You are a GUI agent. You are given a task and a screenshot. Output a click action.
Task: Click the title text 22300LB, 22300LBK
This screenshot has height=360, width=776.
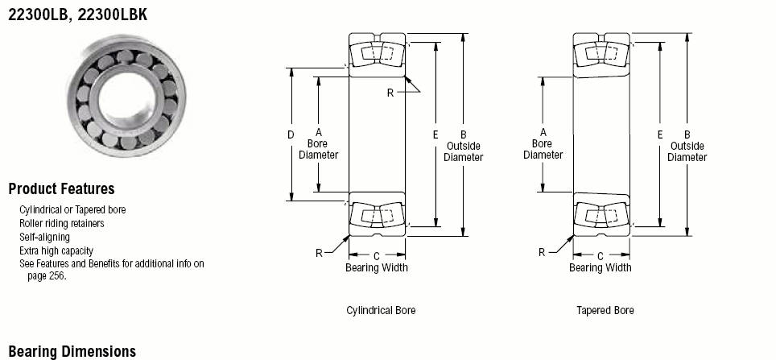78,14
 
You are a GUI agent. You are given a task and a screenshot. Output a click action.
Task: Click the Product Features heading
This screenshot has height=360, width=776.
61,188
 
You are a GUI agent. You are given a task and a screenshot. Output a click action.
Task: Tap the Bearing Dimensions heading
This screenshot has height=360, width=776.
72,352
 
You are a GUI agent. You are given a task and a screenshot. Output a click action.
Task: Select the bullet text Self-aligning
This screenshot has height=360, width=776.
44,237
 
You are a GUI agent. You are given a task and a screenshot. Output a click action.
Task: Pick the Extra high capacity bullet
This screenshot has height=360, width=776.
56,250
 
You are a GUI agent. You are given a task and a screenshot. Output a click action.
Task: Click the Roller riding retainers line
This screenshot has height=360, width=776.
62,223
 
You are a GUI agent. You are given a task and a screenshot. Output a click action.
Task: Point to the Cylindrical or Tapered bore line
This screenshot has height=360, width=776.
72,209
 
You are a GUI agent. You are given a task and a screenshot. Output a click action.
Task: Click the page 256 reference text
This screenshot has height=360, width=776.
47,275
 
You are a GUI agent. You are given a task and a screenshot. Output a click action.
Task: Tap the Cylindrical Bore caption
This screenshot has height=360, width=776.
381,311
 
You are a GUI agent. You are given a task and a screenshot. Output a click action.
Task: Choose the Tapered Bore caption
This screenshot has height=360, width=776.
605,311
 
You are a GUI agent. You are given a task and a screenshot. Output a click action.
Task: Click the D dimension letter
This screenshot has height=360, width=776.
291,134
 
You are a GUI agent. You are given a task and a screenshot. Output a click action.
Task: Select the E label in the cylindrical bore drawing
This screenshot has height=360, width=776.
435,134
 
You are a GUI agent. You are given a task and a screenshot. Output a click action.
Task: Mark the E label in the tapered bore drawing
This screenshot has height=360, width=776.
660,134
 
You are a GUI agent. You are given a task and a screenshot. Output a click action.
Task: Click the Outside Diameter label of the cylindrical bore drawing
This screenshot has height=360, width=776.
463,151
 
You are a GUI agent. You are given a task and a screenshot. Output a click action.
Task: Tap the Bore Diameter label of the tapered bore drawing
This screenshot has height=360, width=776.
543,150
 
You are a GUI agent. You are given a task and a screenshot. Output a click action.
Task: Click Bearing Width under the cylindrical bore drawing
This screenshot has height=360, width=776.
377,268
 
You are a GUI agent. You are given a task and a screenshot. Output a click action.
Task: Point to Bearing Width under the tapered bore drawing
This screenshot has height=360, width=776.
601,268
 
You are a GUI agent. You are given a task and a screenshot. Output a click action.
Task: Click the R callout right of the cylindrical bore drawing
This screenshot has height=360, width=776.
390,93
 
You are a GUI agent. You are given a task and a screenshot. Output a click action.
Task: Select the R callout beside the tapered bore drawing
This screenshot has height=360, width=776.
542,253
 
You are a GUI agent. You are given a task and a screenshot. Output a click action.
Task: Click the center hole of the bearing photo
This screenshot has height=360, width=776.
126,97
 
